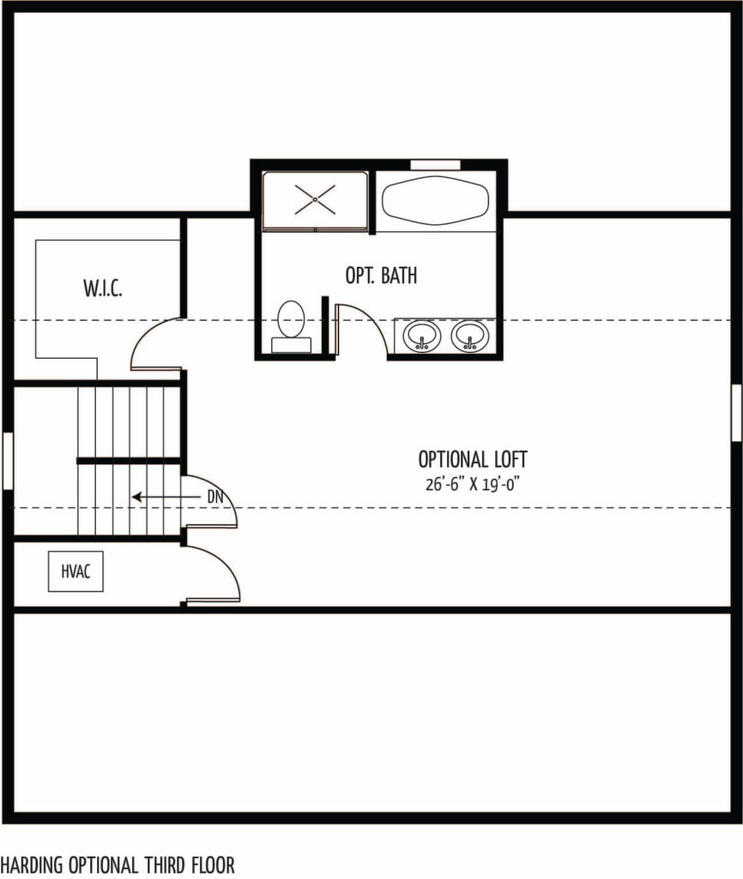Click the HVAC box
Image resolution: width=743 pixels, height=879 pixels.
pyautogui.click(x=76, y=571)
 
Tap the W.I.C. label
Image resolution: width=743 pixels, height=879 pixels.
pyautogui.click(x=103, y=288)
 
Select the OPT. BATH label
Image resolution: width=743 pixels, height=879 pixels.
pyautogui.click(x=381, y=276)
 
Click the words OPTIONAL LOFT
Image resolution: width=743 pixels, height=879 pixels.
pyautogui.click(x=473, y=459)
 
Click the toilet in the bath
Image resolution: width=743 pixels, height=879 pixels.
pyautogui.click(x=291, y=326)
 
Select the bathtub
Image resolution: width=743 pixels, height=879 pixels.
pyautogui.click(x=435, y=201)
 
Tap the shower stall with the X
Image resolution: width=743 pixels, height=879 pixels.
pyautogui.click(x=316, y=200)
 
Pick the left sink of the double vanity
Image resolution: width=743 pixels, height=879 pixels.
pyautogui.click(x=422, y=336)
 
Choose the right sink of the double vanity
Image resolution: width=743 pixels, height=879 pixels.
pyautogui.click(x=469, y=336)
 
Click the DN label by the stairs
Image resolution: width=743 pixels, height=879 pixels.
pyautogui.click(x=215, y=497)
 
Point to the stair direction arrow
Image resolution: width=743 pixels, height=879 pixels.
pyautogui.click(x=166, y=497)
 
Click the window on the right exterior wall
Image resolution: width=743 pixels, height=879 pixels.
pyautogui.click(x=737, y=413)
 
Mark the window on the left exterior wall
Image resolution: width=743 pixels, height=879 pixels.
pyautogui.click(x=7, y=460)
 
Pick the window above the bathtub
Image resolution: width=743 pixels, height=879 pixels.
pyautogui.click(x=435, y=164)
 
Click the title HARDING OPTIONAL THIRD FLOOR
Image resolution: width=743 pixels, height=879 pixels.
pyautogui.click(x=118, y=864)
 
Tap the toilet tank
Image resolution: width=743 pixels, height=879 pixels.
pyautogui.click(x=291, y=345)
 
